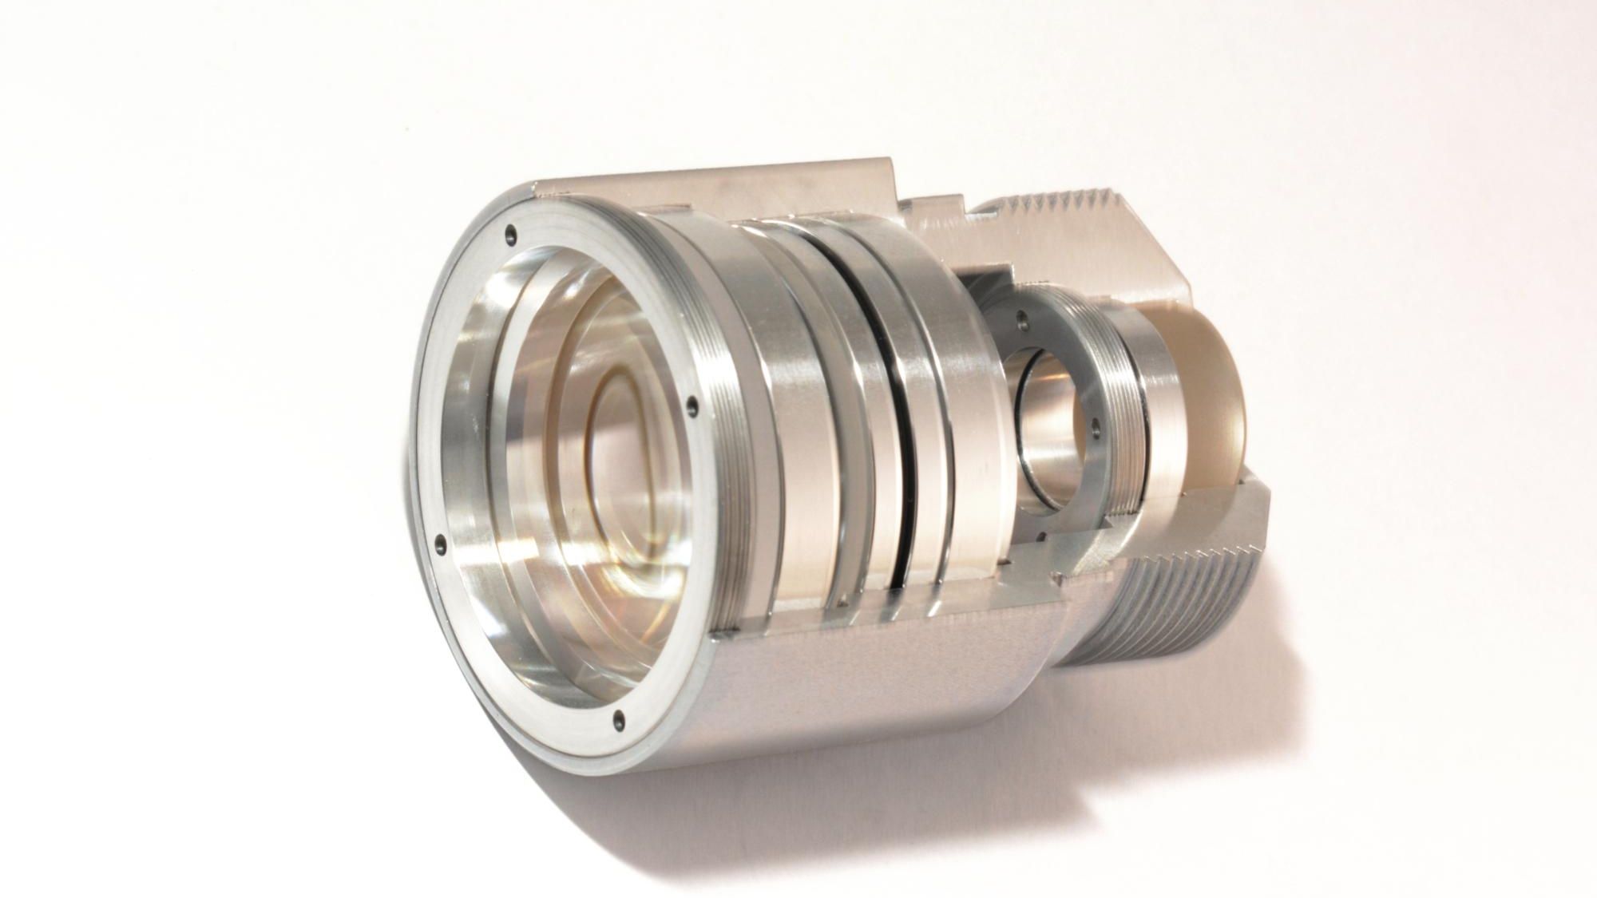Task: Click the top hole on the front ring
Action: click(510, 235)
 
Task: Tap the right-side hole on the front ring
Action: click(692, 406)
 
